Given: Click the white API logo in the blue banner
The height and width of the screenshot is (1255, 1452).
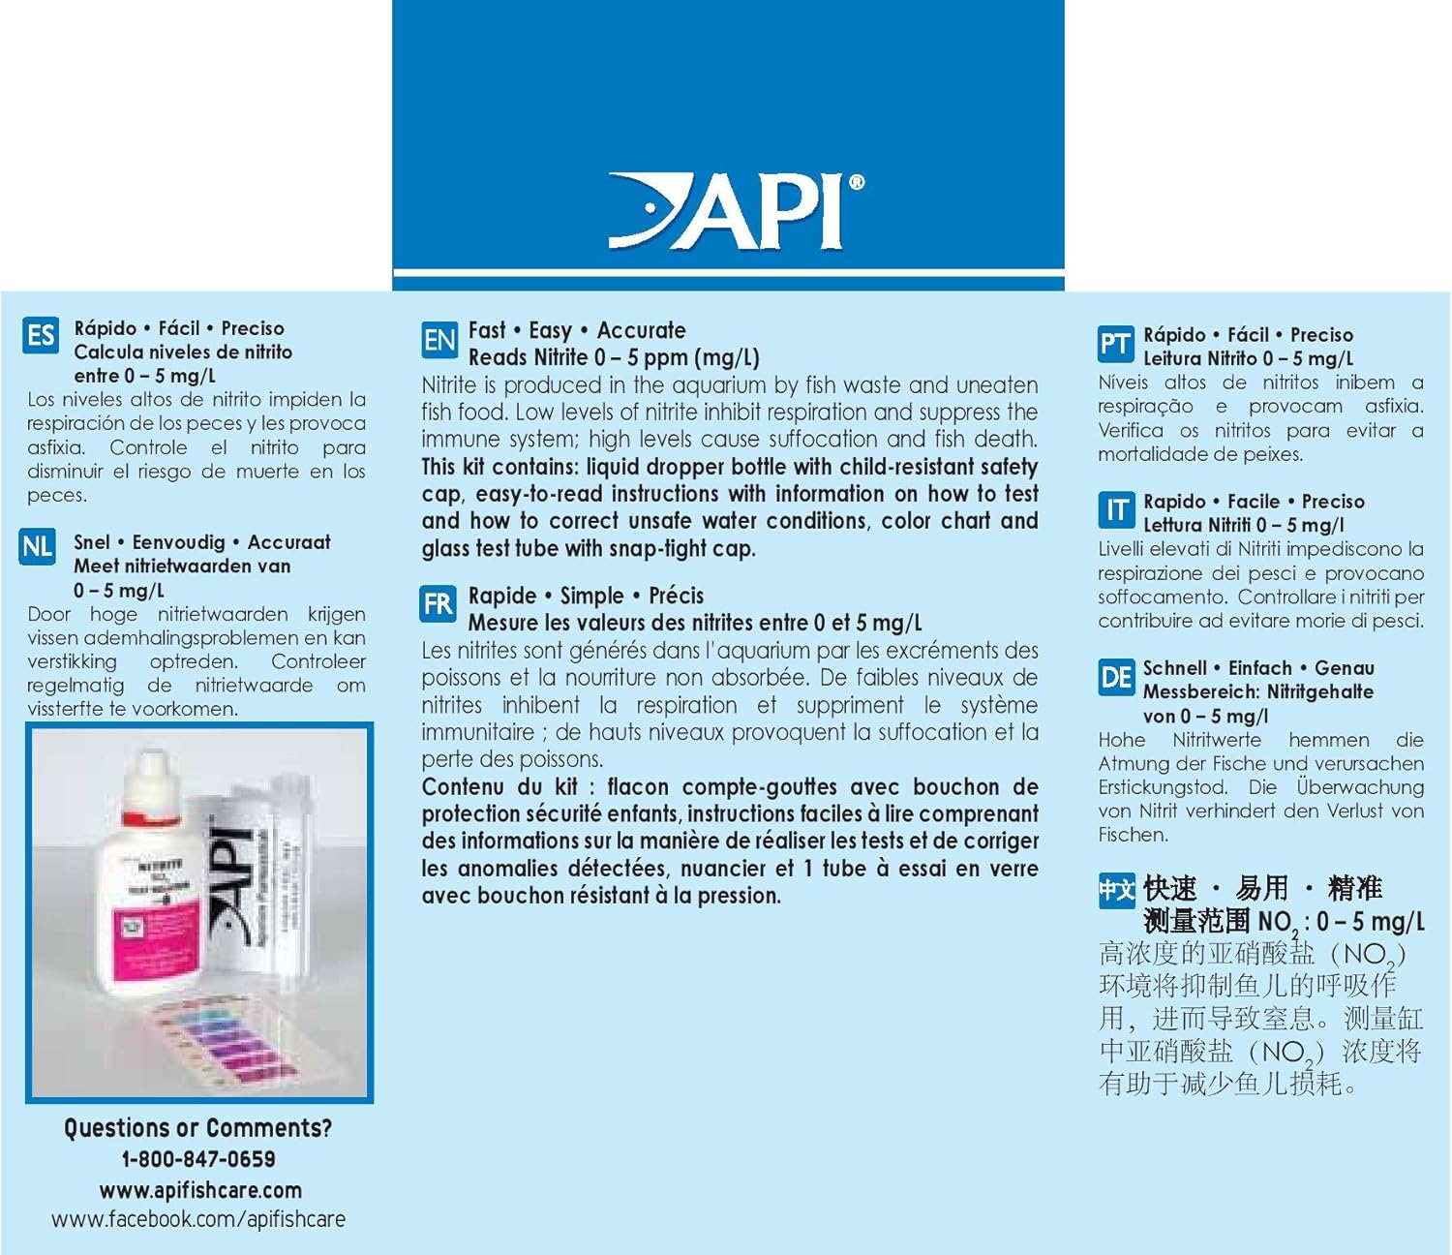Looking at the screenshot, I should [x=736, y=210].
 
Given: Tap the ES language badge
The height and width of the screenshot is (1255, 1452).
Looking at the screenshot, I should [x=41, y=336].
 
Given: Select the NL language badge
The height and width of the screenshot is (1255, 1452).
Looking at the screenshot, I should [x=38, y=547].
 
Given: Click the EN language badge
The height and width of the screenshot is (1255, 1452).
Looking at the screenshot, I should [x=439, y=340].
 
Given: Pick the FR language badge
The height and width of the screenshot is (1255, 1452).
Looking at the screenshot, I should [x=438, y=604].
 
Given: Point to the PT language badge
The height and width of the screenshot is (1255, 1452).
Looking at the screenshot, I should [x=1115, y=344].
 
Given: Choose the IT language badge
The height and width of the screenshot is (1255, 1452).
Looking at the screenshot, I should [x=1116, y=509].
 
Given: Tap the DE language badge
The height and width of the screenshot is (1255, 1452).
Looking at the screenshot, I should [x=1116, y=677].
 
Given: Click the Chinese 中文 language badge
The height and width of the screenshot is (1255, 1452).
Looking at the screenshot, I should [x=1116, y=890].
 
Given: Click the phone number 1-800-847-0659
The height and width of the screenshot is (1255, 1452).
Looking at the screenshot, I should [x=198, y=1159].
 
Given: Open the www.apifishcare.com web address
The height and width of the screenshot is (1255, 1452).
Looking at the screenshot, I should [x=200, y=1190].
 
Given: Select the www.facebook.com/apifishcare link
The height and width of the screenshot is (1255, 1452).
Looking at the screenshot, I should [x=198, y=1219].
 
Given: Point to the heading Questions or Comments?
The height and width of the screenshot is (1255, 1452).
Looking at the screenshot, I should [x=197, y=1128].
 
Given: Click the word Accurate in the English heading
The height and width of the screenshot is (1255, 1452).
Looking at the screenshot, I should [x=641, y=330].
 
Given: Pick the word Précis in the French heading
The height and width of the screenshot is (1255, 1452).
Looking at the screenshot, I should [x=676, y=596].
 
